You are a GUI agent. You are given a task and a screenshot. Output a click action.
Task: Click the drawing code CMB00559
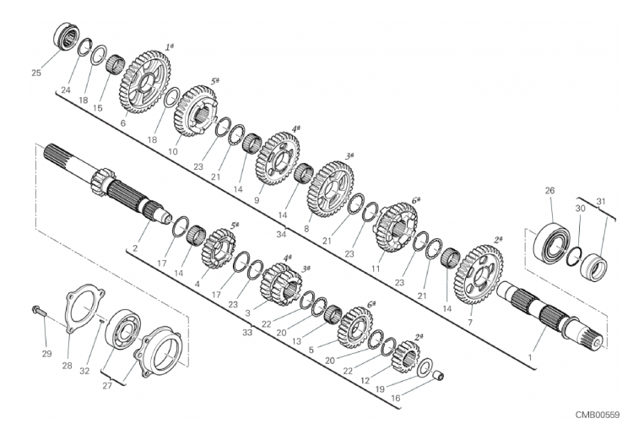(597, 415)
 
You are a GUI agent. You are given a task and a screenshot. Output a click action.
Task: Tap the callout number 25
(36, 73)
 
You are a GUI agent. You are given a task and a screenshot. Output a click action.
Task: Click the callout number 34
(281, 235)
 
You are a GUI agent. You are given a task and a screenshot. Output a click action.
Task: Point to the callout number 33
(246, 333)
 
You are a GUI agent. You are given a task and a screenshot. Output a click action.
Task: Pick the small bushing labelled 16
(440, 376)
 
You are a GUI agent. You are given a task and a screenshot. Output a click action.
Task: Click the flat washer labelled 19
(425, 367)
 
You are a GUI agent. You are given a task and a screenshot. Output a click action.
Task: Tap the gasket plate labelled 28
(85, 309)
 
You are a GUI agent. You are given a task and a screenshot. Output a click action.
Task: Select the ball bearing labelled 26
(550, 242)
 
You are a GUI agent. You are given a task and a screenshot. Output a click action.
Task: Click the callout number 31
(601, 202)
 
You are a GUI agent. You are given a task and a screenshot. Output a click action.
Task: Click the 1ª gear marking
(169, 47)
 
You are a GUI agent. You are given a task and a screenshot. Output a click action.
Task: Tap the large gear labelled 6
(145, 82)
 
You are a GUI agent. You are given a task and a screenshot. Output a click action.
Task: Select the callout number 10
(173, 152)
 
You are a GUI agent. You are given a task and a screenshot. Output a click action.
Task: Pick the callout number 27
(107, 386)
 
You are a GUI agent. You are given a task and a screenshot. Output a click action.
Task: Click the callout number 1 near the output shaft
(530, 357)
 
